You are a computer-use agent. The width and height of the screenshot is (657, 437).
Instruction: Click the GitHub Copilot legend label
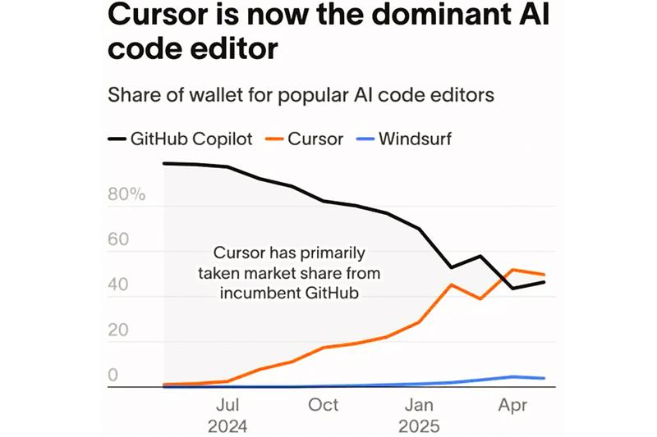click(191, 138)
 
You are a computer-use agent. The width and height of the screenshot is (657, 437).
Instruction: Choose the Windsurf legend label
click(414, 138)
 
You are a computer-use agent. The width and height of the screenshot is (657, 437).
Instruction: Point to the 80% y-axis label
click(126, 195)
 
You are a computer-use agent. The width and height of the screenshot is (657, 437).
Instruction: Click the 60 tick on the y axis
click(120, 240)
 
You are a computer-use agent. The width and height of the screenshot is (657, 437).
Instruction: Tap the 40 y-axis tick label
click(120, 285)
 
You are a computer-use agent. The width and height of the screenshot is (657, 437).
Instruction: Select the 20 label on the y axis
click(120, 330)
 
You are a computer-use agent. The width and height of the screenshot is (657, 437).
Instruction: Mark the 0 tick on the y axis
click(114, 376)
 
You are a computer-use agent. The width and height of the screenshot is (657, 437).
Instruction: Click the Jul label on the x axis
click(227, 405)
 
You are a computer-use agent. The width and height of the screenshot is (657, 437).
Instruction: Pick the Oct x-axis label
click(324, 405)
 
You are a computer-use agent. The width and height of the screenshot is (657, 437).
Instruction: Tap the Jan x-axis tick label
click(420, 405)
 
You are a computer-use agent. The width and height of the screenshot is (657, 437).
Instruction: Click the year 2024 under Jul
click(227, 426)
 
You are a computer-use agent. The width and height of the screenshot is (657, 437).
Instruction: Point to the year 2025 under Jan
click(420, 426)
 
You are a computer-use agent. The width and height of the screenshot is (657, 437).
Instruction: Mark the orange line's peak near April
click(513, 269)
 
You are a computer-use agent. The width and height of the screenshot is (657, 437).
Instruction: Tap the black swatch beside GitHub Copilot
click(116, 138)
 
